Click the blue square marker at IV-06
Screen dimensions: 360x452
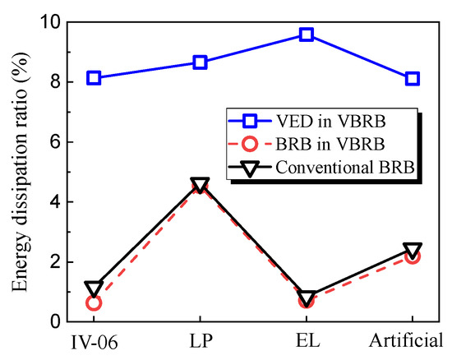click(x=94, y=78)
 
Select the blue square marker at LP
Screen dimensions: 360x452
click(x=200, y=62)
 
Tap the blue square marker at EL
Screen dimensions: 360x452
click(x=307, y=35)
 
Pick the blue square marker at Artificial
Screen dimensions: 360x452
click(x=413, y=78)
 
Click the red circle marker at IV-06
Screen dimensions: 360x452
click(x=94, y=303)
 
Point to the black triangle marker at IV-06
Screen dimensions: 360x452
click(x=94, y=288)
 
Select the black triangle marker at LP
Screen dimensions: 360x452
click(x=200, y=185)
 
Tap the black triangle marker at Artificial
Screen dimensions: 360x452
click(x=413, y=250)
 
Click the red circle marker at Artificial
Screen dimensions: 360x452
click(x=413, y=256)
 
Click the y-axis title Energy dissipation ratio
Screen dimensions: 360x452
click(x=18, y=173)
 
